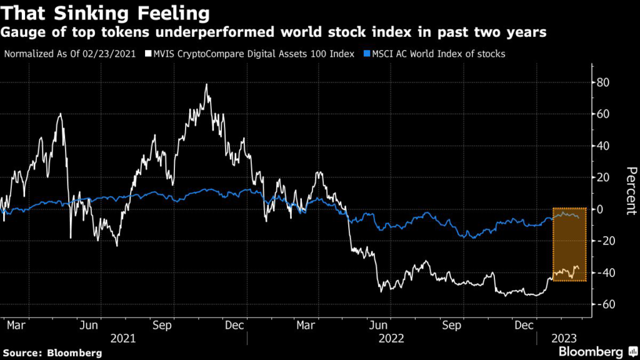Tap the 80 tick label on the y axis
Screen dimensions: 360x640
[x=604, y=82]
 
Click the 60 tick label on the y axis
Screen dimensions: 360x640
[x=604, y=114]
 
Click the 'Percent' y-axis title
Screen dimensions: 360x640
[x=631, y=191]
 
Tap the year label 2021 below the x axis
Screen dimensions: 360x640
[x=123, y=339]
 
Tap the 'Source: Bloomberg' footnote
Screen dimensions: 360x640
[x=51, y=351]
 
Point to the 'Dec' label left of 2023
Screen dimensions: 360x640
[x=525, y=326]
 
